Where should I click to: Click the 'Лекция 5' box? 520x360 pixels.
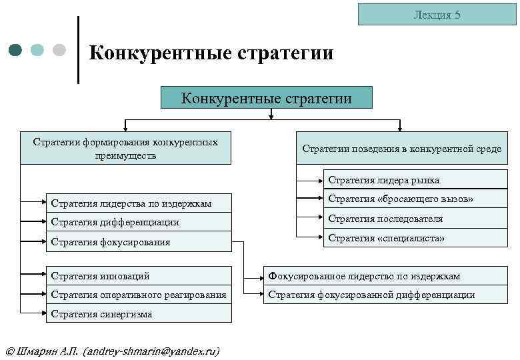tap(437, 15)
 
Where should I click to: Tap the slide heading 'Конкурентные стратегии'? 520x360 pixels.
tap(211, 53)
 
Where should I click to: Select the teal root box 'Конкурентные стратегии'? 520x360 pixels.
tap(267, 99)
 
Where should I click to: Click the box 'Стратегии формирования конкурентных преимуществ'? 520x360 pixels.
tap(126, 149)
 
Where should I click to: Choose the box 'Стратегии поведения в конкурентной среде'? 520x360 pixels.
tap(401, 149)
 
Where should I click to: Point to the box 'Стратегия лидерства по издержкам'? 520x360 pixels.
tap(139, 203)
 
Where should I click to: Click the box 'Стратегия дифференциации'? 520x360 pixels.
tap(139, 222)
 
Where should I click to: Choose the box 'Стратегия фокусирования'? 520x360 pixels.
tap(139, 241)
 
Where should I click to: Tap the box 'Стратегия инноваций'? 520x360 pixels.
tap(139, 275)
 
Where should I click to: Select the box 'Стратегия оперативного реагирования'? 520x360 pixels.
tap(139, 295)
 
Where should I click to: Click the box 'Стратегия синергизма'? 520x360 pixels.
tap(139, 314)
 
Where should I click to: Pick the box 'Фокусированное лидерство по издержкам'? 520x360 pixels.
tap(389, 275)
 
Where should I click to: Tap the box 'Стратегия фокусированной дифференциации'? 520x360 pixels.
tap(389, 295)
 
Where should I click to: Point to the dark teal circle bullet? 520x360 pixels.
tap(16, 50)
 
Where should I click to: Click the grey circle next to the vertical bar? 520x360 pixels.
tap(59, 50)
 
